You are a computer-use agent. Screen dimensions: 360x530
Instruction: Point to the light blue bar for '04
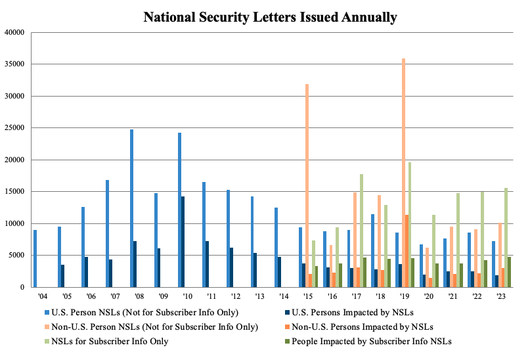[x=35, y=258]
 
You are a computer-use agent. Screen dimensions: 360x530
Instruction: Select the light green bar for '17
[x=361, y=231]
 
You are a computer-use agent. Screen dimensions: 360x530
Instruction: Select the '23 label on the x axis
[x=501, y=297]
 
